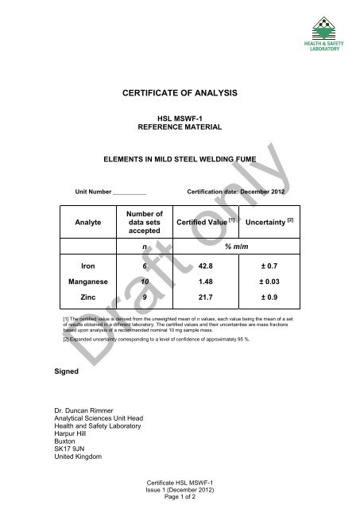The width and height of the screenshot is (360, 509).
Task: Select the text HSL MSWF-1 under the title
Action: coord(179,117)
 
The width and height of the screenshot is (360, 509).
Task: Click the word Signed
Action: coord(56,369)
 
